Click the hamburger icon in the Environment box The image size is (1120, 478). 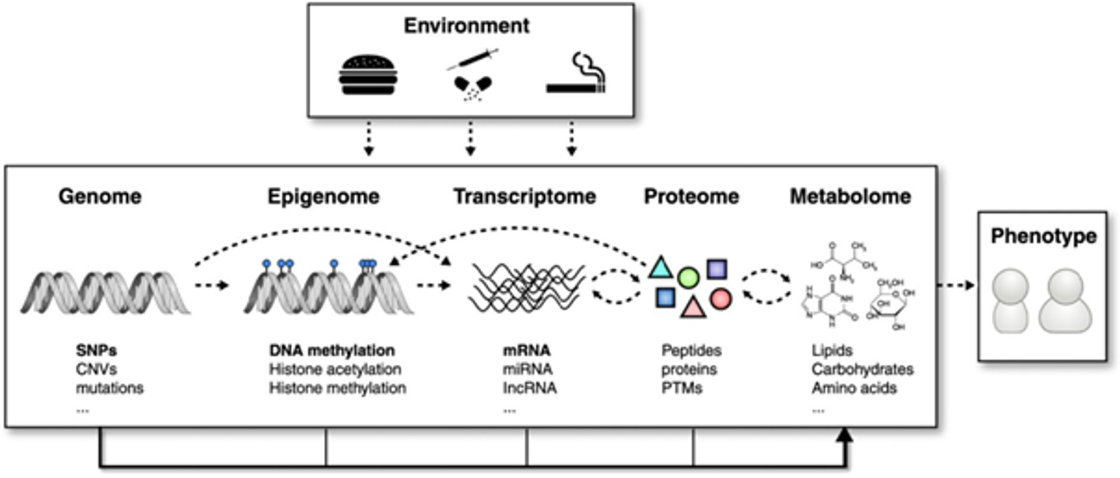coord(368,75)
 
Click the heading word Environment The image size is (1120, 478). coord(467,26)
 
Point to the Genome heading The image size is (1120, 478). coord(100,196)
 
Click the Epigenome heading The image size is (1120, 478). coord(323,196)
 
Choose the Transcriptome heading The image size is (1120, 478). coord(524,196)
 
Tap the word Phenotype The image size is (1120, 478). coord(1043,236)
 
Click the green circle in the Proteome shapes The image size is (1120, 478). coord(688,278)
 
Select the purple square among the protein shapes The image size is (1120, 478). coord(717,269)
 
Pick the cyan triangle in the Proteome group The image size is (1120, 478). coord(660,268)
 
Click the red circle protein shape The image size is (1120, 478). coord(720,298)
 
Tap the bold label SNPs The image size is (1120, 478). coord(96,350)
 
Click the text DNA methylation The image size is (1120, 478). coord(332,350)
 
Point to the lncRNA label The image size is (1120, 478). coord(530,388)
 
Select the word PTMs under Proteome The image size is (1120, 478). coord(681,388)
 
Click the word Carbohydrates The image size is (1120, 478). coord(862,369)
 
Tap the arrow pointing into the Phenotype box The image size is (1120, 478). coord(957,285)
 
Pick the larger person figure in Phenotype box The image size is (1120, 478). coord(1065,301)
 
